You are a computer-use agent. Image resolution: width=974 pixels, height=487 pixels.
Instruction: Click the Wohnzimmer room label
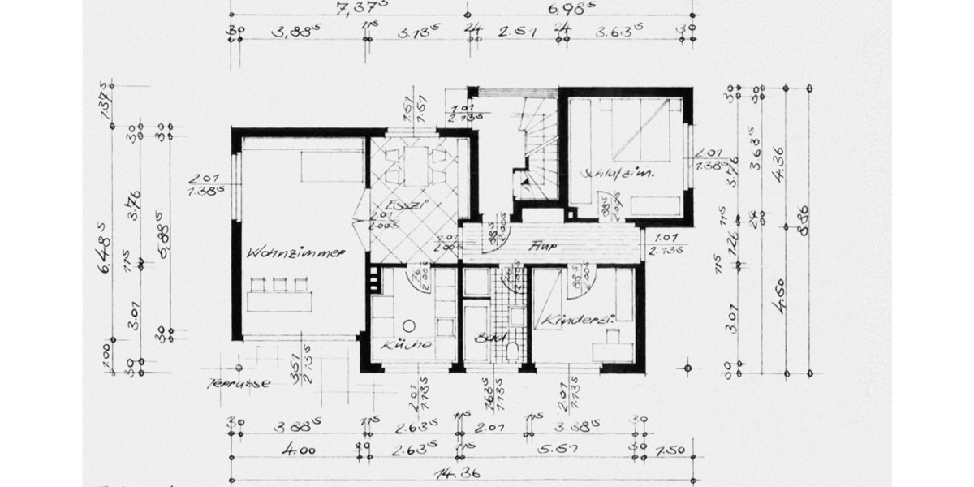point(298,252)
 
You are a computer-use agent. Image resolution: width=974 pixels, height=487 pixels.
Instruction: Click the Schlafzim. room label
point(618,174)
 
